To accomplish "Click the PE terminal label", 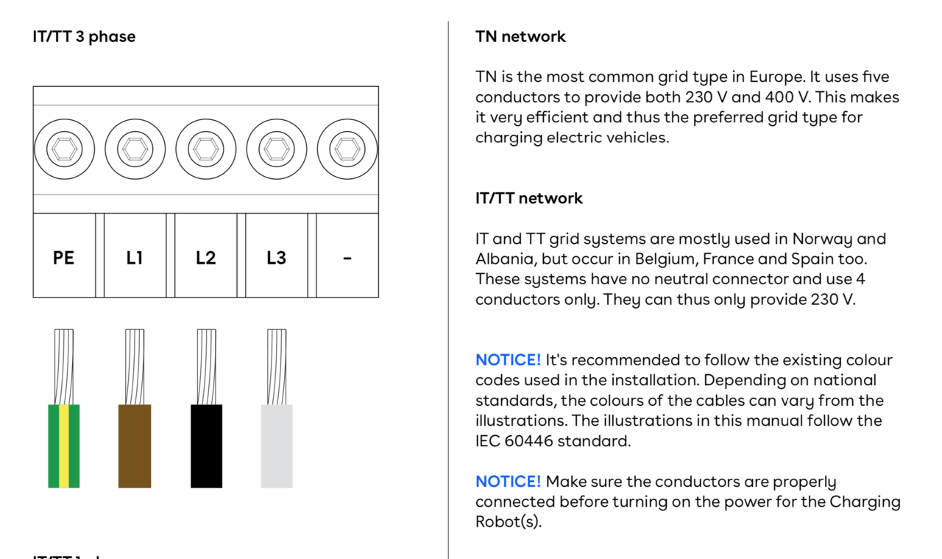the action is pos(63,258).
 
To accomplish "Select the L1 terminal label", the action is pos(135,258).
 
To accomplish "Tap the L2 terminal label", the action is pos(205,258).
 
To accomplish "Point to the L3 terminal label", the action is pos(276,258).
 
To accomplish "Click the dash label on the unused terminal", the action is pos(347,259).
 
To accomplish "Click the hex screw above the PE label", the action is pos(64,149).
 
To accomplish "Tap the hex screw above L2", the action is pos(206,149).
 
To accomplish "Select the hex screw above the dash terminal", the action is pos(347,149).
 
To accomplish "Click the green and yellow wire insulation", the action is pos(64,446).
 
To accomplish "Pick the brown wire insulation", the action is pos(135,446).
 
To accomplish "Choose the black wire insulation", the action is pos(207,446).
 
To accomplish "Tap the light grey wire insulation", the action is pos(277,446).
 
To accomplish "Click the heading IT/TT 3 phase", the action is pos(84,37).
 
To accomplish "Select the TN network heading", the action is pos(520,37).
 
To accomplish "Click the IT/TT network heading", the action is pos(529,198).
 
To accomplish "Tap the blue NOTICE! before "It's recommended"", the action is pos(508,360).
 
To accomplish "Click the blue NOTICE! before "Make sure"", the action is pos(508,481).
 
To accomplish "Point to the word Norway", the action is pos(822,239).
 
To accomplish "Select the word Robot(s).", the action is pos(509,522).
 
